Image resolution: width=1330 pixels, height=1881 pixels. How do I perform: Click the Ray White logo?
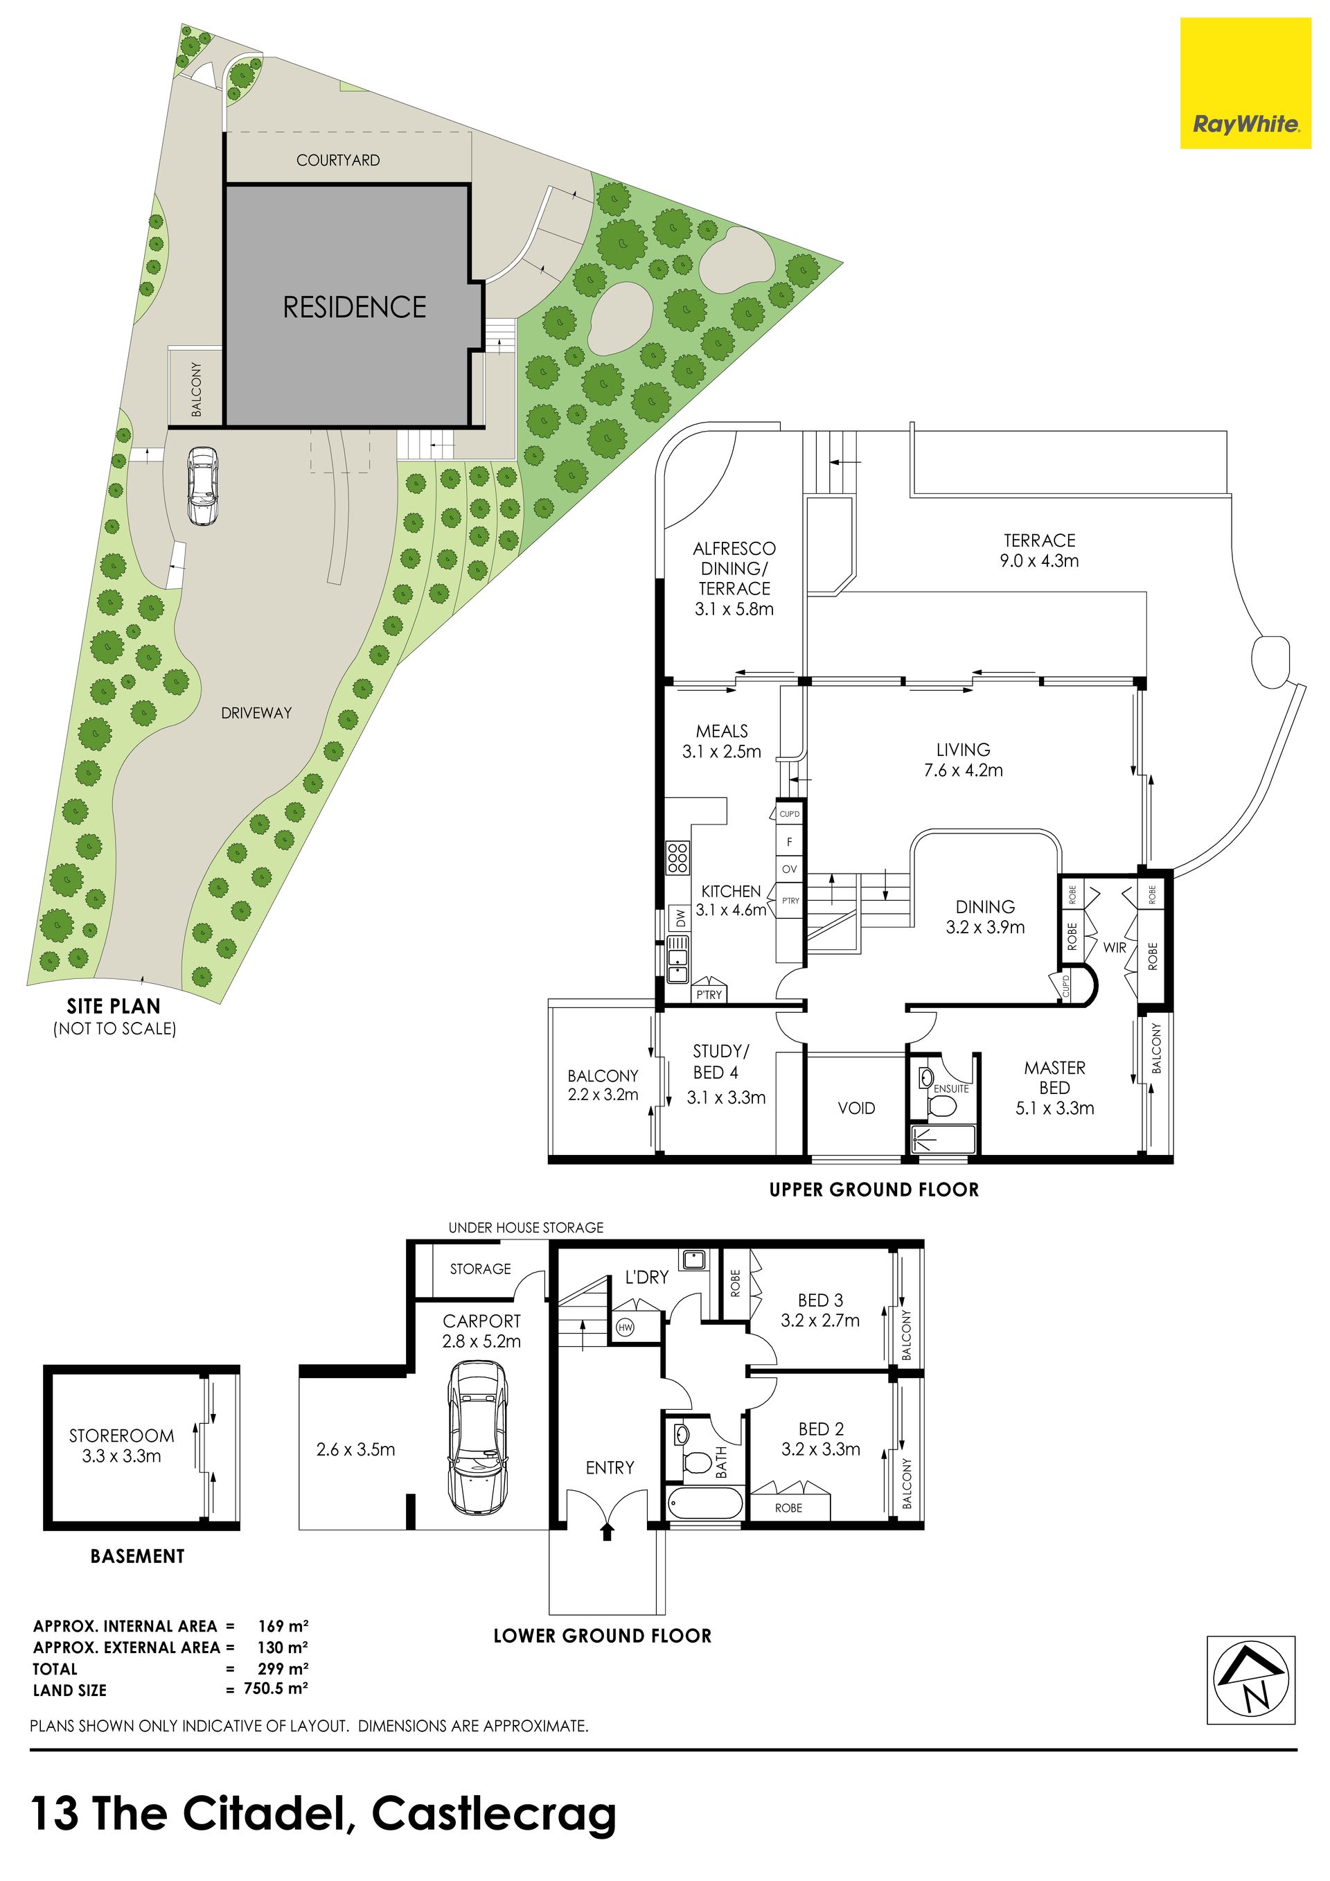tap(1245, 84)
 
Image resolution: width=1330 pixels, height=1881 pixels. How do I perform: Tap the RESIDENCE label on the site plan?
tap(355, 307)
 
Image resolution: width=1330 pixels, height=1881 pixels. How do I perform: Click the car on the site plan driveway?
tap(202, 485)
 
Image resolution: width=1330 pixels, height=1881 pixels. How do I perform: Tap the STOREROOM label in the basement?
tap(121, 1436)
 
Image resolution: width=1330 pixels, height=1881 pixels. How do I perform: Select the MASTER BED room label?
tap(1055, 1078)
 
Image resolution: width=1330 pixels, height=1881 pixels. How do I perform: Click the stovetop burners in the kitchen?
tap(677, 856)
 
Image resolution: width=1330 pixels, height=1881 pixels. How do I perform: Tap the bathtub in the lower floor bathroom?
tap(704, 1505)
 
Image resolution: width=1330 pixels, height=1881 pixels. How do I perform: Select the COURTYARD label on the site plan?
tap(338, 161)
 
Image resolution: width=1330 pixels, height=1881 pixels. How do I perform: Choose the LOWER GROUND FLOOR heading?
tap(602, 1636)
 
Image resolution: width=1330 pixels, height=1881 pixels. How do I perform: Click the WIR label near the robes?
tap(1115, 947)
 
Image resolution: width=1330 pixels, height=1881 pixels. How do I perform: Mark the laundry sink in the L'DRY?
tap(693, 1257)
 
